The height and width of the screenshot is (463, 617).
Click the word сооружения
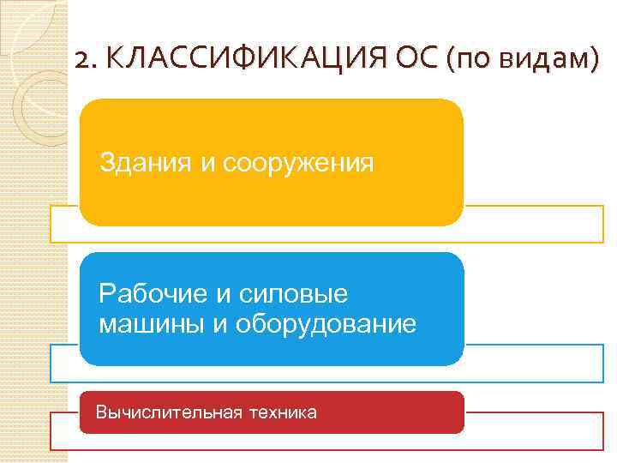coord(299,162)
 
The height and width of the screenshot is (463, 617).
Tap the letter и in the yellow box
coord(208,162)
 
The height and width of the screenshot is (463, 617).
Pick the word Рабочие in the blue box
coord(153,294)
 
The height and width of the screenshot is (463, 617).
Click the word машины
coord(147,324)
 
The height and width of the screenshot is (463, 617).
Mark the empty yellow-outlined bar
coord(531,224)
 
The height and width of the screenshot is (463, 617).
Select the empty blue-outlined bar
coord(531,363)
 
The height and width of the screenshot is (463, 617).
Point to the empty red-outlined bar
coord(531,431)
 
